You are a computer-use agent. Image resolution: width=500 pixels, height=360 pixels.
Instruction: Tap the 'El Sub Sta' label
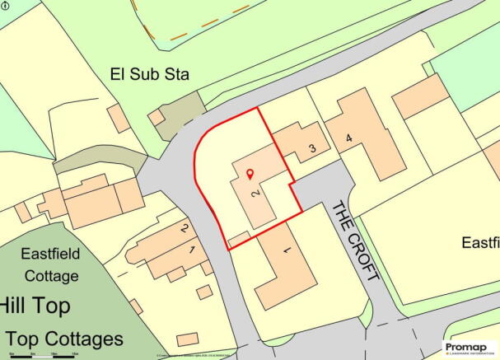click(150, 75)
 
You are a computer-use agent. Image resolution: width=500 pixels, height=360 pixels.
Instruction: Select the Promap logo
click(470, 347)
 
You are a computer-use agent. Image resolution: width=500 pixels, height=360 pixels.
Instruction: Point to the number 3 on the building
click(312, 148)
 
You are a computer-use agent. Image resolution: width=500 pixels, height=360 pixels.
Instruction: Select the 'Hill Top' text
click(35, 306)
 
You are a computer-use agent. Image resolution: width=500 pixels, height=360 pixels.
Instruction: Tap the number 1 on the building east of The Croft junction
click(286, 249)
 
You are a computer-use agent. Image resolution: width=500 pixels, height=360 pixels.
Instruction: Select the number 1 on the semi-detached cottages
click(192, 248)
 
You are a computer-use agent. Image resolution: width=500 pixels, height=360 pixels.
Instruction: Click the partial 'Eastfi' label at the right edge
click(480, 243)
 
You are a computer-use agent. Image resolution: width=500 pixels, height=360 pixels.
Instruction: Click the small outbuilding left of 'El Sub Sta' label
click(118, 118)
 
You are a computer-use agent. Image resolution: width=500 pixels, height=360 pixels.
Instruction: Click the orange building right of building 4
click(420, 96)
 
